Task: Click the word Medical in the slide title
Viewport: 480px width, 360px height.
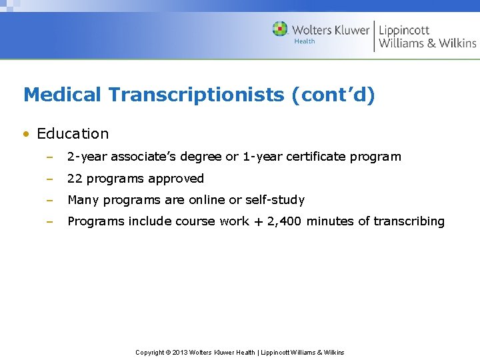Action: coord(63,95)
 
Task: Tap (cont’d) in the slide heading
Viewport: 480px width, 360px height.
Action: coord(333,95)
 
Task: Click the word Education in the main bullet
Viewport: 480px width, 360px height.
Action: coord(73,133)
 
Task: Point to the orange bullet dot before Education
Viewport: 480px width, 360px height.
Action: coord(26,134)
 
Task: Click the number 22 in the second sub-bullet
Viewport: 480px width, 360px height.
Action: coord(75,179)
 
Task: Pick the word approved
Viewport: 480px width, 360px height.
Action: coord(178,179)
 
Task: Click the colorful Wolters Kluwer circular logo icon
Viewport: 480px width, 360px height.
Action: coord(280,29)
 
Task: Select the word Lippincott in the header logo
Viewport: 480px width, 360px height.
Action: coord(404,30)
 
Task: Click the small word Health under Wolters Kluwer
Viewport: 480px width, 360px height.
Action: coord(305,41)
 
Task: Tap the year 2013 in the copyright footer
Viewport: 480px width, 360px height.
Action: coord(180,352)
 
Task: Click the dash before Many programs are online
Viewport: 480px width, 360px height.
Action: coord(49,200)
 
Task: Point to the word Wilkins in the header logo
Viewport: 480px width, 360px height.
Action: coord(457,43)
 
